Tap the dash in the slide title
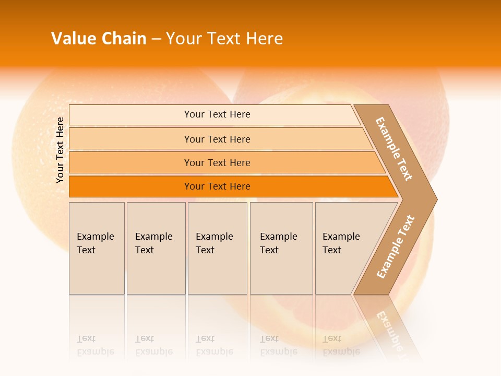point(156,39)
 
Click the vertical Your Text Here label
point(60,150)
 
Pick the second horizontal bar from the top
point(217,139)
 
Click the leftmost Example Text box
point(97,248)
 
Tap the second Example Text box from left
point(156,248)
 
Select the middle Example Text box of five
point(217,248)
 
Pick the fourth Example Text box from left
point(281,248)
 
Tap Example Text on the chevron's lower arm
point(396,246)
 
